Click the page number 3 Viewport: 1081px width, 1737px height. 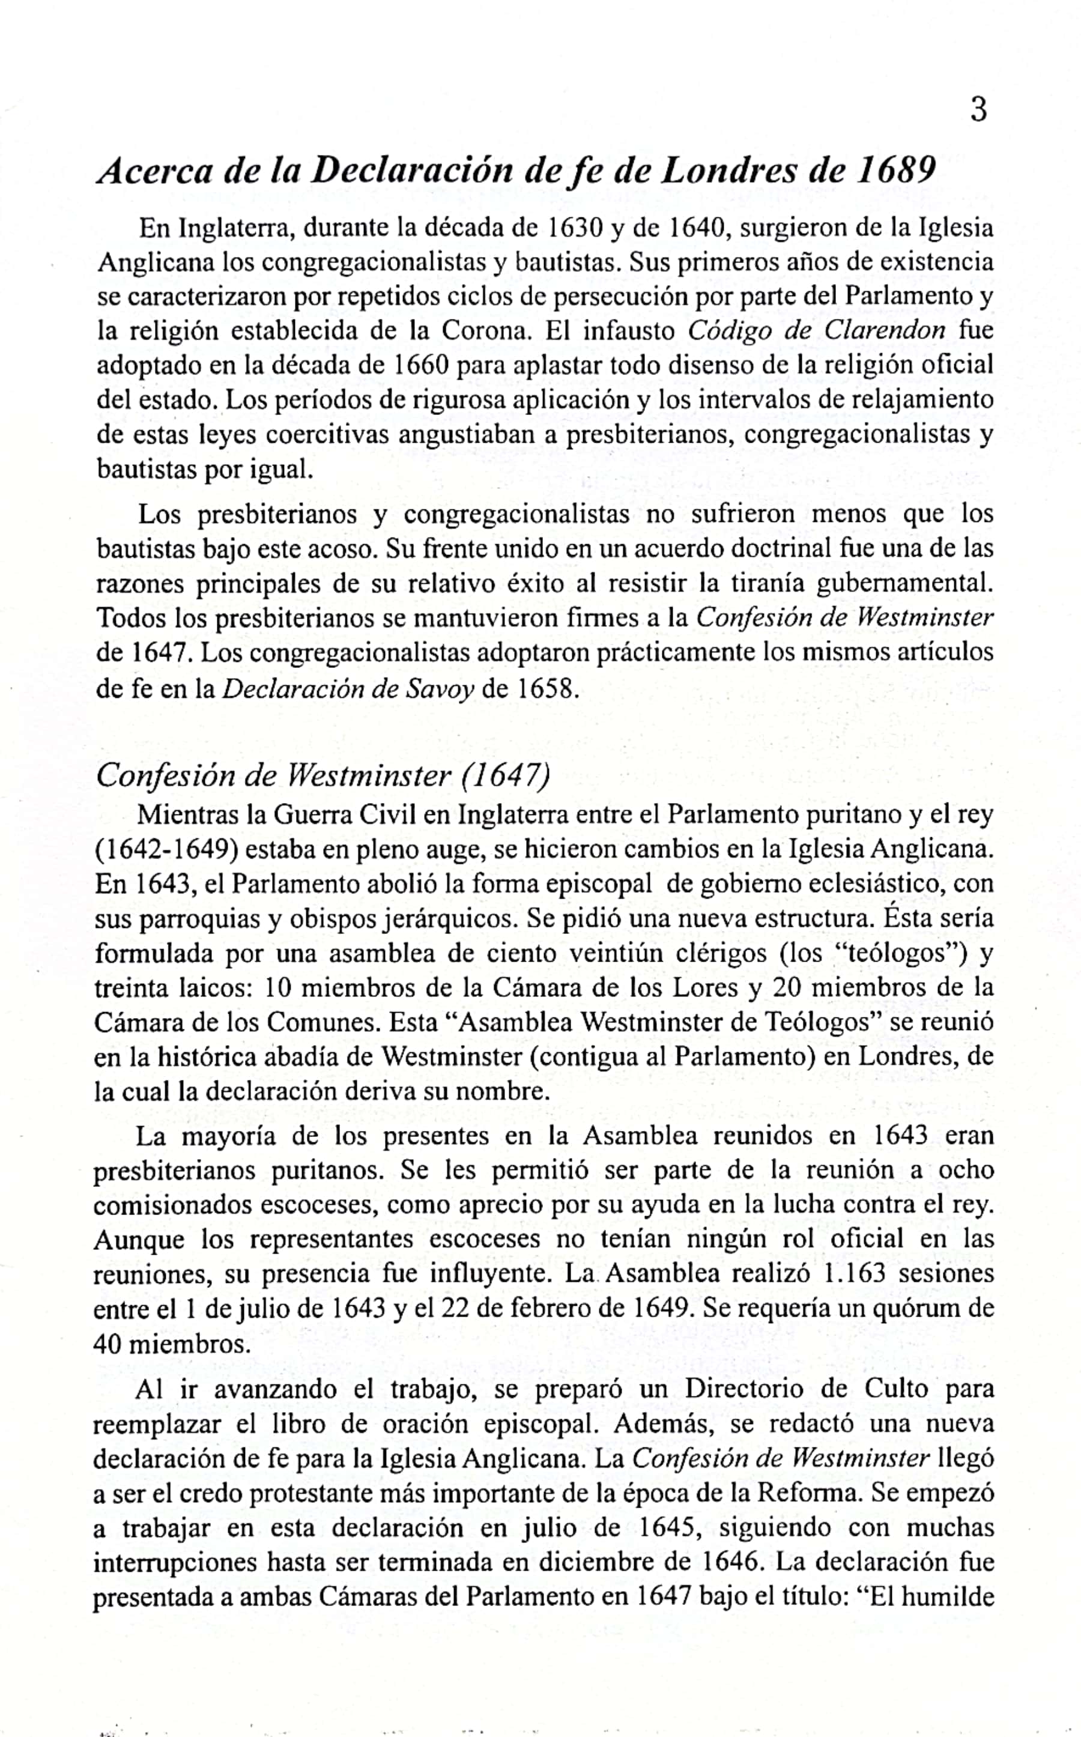coord(979,111)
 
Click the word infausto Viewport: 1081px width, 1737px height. coord(629,331)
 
